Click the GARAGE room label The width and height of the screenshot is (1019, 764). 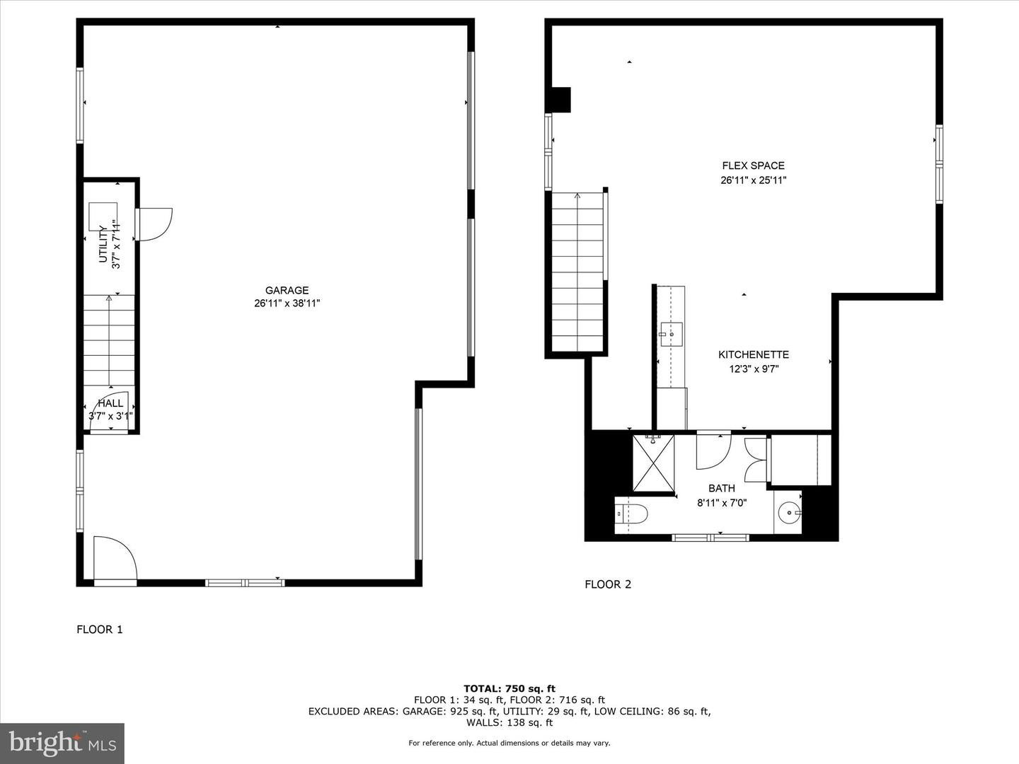click(x=287, y=290)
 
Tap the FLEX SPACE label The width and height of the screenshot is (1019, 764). click(x=753, y=166)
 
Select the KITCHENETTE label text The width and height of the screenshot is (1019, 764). click(x=753, y=355)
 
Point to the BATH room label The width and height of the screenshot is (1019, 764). click(x=721, y=488)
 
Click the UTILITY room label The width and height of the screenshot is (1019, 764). click(x=103, y=244)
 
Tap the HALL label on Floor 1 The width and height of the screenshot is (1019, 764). click(x=110, y=403)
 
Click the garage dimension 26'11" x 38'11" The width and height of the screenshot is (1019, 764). click(x=287, y=303)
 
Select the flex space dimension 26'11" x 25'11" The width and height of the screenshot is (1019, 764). click(x=753, y=180)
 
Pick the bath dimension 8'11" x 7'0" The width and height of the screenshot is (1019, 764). click(x=721, y=503)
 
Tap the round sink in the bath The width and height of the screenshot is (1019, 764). click(x=788, y=512)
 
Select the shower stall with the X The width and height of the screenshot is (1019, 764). click(x=653, y=463)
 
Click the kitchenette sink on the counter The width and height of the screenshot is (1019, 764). click(x=671, y=333)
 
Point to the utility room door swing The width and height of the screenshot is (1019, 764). click(x=155, y=224)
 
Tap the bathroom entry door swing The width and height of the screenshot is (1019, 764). click(x=713, y=451)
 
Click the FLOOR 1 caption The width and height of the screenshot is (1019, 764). click(x=100, y=629)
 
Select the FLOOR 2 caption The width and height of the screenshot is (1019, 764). click(x=607, y=584)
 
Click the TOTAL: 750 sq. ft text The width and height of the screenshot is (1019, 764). click(x=509, y=688)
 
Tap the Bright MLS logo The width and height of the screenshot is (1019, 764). click(x=62, y=743)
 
